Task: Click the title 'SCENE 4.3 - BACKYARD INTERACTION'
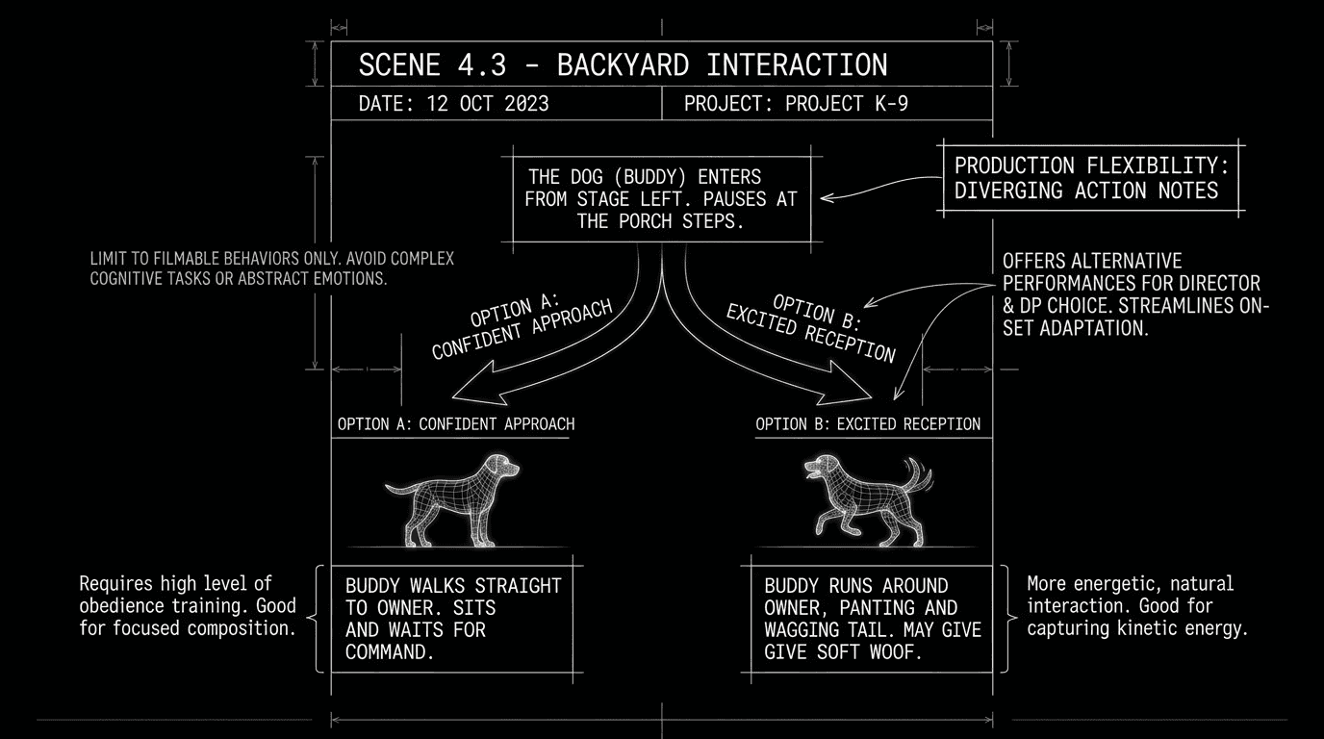coord(623,65)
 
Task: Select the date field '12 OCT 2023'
coord(486,104)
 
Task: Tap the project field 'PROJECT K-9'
coord(846,104)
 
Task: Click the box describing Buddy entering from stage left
coord(661,199)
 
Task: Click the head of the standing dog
coord(506,468)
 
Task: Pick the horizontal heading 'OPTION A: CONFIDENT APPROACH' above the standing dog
coord(455,424)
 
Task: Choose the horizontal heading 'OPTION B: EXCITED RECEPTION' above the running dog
coord(868,424)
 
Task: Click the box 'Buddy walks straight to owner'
coord(452,619)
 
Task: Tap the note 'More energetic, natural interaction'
coord(1136,606)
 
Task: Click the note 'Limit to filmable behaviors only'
coord(271,268)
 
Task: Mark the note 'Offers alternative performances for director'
coord(1135,293)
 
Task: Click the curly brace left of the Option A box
coord(319,619)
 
